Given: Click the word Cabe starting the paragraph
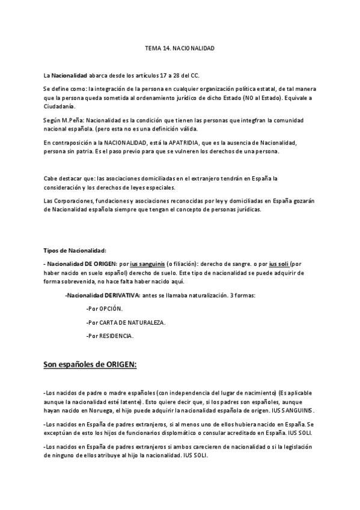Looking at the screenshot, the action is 50,179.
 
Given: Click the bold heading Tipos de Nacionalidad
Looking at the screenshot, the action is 75,250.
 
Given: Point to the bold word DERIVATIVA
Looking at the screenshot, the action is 122,295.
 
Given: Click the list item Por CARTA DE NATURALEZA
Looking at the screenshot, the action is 126,322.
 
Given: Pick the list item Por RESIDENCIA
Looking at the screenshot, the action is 110,336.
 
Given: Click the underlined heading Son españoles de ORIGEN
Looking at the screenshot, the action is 90,364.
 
